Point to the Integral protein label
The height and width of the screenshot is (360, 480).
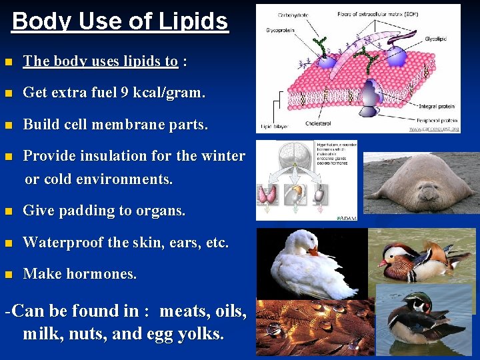coord(436,106)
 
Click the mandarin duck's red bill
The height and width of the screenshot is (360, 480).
coord(383,263)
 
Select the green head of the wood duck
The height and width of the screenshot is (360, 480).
coord(419,304)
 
